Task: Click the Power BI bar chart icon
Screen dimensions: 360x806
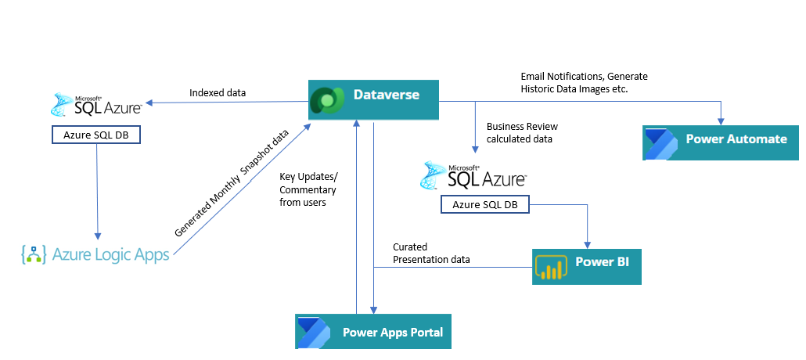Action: tap(550, 268)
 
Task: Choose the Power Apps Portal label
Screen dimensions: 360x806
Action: tap(392, 333)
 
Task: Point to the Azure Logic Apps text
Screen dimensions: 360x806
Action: tap(110, 254)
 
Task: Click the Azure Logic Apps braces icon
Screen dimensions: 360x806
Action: tap(34, 254)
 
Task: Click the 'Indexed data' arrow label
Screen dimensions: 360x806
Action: tap(218, 93)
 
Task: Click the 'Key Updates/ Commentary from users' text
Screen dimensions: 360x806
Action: tap(308, 189)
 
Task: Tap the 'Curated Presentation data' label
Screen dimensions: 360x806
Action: tap(431, 253)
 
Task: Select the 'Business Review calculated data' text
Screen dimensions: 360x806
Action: tap(522, 132)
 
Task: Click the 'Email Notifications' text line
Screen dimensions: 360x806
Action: tap(585, 77)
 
